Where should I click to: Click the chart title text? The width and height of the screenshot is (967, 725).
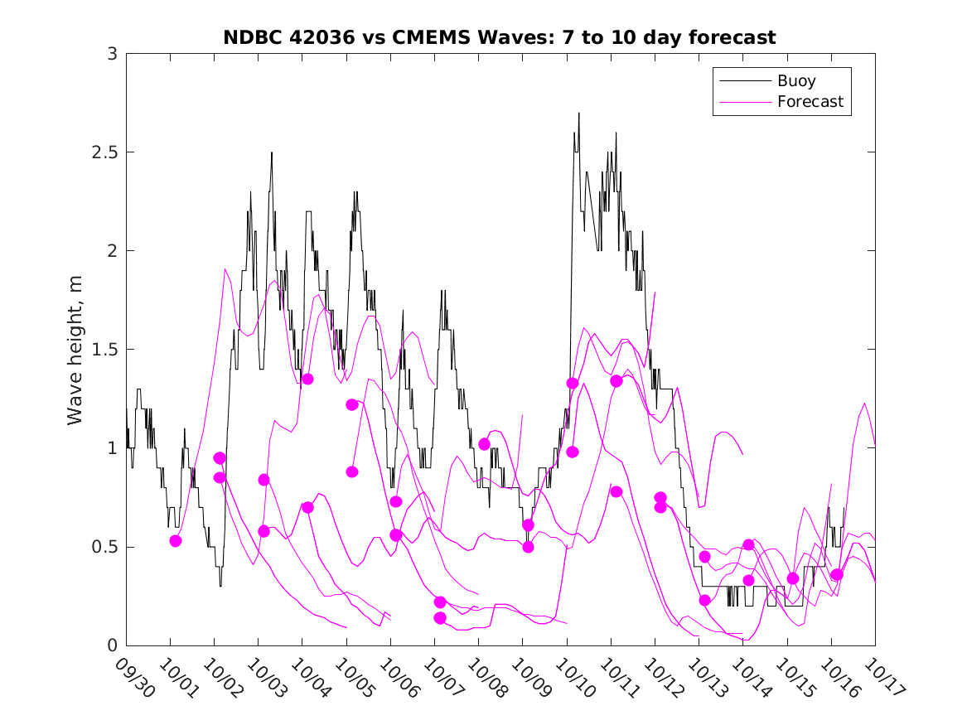pos(500,37)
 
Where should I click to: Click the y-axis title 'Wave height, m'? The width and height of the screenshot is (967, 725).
pos(75,350)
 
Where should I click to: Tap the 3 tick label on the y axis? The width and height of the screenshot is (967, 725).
pos(111,54)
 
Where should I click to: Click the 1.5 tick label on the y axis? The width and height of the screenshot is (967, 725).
pos(105,350)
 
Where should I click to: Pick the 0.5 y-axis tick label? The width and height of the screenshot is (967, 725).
pos(105,547)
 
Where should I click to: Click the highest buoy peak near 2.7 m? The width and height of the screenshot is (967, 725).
pos(578,114)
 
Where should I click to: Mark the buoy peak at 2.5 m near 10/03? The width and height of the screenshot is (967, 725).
pos(271,153)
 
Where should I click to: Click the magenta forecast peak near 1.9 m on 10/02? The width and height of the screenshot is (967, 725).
pos(225,269)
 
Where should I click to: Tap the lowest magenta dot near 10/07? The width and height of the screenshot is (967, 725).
pos(440,617)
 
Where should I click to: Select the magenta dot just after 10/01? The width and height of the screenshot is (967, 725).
pos(176,541)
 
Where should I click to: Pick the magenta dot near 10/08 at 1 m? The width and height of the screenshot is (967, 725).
pos(484,444)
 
